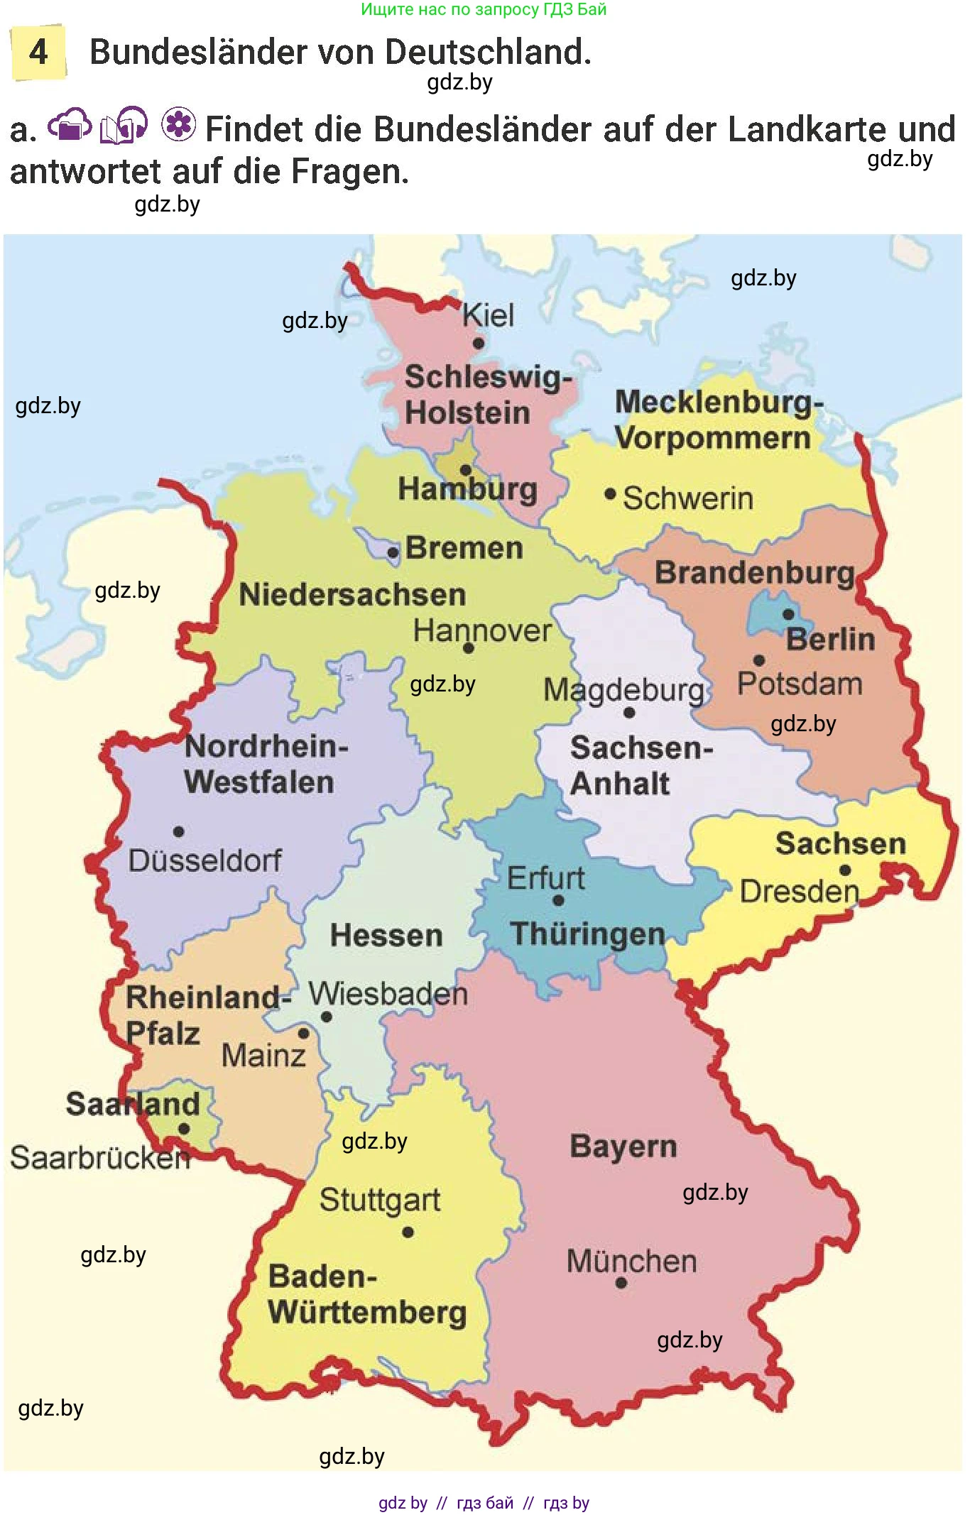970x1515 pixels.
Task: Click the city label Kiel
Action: click(x=488, y=315)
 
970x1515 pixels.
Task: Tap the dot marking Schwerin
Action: click(x=610, y=493)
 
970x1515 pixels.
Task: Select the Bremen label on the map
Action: click(x=464, y=548)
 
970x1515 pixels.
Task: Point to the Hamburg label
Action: click(x=467, y=489)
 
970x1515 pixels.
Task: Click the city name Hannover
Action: click(x=482, y=630)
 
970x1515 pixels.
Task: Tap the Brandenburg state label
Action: click(x=754, y=572)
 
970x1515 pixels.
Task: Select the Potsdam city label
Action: click(x=800, y=684)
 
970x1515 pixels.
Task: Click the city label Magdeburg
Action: click(x=623, y=689)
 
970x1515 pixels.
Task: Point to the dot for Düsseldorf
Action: click(x=179, y=831)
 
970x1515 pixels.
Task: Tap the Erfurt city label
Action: click(x=545, y=878)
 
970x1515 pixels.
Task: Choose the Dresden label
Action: click(x=799, y=891)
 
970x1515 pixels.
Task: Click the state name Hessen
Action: click(x=386, y=935)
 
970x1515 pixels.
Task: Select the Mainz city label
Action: click(x=263, y=1055)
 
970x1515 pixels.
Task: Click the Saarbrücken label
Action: click(x=100, y=1157)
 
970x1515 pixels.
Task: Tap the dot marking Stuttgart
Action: click(x=408, y=1232)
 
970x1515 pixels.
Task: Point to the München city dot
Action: click(x=621, y=1283)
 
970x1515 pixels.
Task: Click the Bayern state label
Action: click(x=623, y=1147)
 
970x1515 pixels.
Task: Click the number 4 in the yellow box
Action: click(x=38, y=52)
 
